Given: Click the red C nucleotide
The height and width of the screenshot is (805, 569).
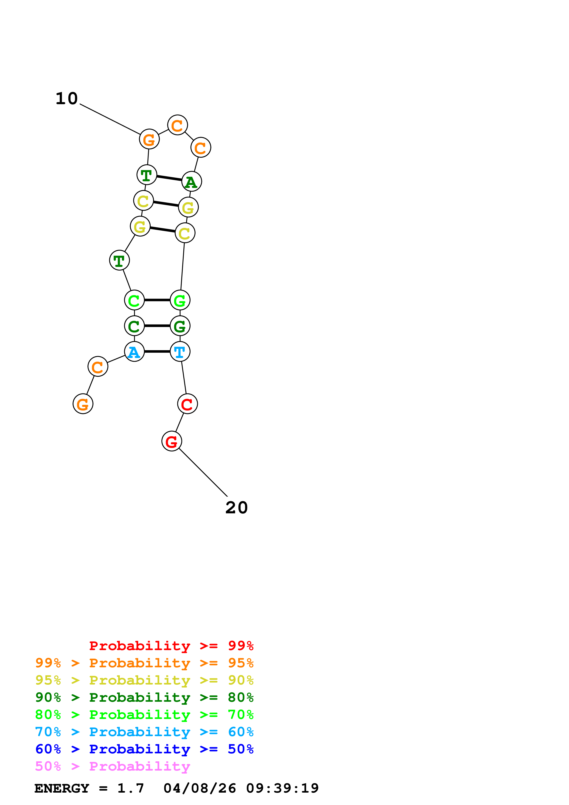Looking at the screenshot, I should click(187, 404).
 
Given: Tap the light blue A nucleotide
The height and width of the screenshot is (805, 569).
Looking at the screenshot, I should click(134, 351).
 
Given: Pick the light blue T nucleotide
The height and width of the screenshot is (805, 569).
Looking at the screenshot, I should click(180, 351).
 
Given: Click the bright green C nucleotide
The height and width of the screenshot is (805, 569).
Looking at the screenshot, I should click(134, 300).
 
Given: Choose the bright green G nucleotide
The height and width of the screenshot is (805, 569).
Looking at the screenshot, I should click(180, 300).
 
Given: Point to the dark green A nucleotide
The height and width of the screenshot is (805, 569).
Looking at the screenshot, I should click(191, 182).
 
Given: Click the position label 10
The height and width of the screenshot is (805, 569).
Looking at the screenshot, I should click(67, 98).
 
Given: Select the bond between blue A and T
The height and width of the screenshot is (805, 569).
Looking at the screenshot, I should click(157, 351).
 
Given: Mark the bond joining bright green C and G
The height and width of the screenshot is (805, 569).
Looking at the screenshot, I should click(157, 300).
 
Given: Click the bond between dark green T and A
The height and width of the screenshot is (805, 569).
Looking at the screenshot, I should click(169, 178).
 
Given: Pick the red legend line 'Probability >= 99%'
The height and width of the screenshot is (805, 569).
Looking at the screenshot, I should click(171, 646).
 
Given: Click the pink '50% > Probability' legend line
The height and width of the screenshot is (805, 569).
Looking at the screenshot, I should click(112, 766).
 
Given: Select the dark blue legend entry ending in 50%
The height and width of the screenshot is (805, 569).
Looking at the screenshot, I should click(144, 749).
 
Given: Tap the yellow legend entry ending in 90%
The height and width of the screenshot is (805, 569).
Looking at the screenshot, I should click(144, 680).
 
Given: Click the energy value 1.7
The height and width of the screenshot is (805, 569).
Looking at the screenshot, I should click(130, 788).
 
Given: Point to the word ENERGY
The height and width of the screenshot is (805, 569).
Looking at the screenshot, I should click(62, 788).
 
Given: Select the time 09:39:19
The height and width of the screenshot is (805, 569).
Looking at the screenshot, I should click(282, 788).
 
